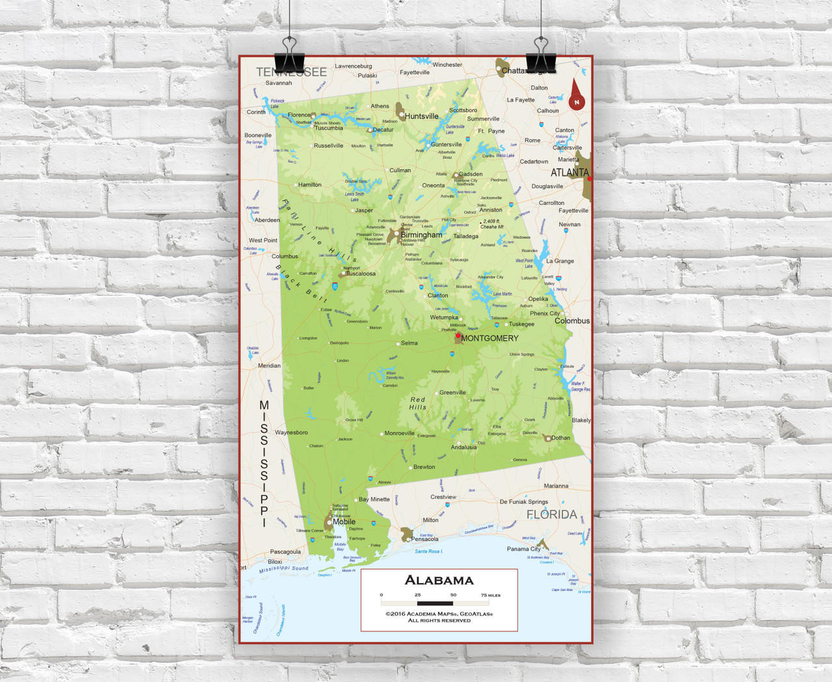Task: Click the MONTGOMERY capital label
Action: coord(490,338)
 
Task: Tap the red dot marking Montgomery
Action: coord(458,336)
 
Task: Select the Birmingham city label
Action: coord(421,235)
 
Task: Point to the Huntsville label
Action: coord(422,116)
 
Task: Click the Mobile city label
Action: coord(344,521)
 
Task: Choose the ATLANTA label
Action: coord(569,172)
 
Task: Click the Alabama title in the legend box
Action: coord(439,580)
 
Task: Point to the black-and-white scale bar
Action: coord(435,603)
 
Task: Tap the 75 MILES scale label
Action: coord(491,595)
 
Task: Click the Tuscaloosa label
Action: coord(360,274)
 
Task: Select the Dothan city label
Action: coord(560,438)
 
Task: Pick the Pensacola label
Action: coord(424,539)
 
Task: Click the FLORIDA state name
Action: coord(551,514)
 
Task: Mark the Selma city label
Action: coord(409,343)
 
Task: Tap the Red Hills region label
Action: coord(417,403)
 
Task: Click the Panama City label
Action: coord(523,549)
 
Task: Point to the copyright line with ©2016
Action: coord(439,613)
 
